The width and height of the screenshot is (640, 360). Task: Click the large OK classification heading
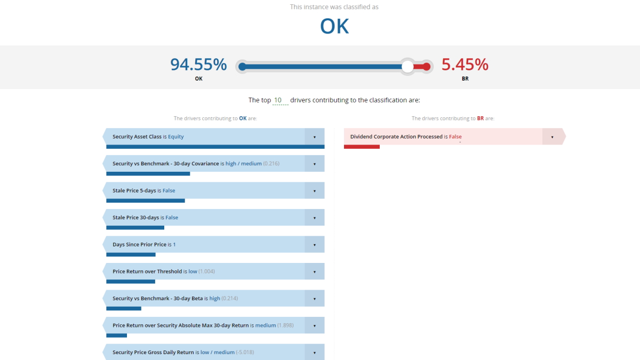click(334, 27)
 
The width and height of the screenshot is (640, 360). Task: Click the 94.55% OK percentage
click(198, 65)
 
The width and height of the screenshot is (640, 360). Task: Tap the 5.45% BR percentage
click(465, 65)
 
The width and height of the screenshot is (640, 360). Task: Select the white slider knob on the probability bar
click(408, 67)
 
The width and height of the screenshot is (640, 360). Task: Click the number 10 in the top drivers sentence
click(278, 100)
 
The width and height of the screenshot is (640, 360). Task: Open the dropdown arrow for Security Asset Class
click(315, 137)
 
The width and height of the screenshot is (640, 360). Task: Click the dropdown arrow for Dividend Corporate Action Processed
click(552, 137)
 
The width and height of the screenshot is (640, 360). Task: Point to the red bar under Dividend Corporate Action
click(362, 147)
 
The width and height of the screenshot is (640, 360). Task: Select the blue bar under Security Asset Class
click(215, 147)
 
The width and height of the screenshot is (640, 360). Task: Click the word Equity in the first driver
click(176, 137)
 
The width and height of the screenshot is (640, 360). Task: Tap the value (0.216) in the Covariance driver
click(271, 164)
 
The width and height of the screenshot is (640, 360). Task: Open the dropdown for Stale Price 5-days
click(315, 191)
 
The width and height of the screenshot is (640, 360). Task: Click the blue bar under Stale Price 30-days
click(135, 228)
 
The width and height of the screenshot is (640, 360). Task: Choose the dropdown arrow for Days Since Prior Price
click(315, 245)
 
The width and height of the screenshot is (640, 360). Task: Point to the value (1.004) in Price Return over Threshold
click(206, 271)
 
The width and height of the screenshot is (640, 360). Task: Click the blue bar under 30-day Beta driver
click(124, 308)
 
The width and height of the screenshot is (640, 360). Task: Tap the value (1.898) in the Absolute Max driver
click(285, 325)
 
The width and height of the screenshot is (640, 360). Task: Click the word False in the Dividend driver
click(455, 137)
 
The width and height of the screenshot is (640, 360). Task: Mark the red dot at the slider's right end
click(426, 67)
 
